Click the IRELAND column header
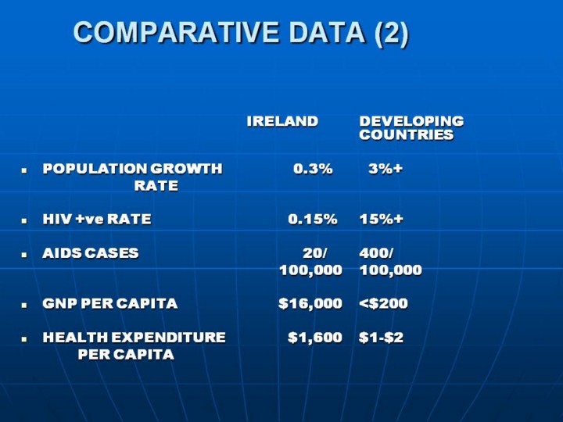coord(282,121)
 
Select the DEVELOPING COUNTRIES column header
coord(411,128)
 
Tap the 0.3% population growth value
coord(313,169)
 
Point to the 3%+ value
coord(385,169)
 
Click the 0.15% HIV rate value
coord(312,219)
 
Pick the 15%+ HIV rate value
coord(381,219)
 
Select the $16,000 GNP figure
coord(310,303)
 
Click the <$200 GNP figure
coord(383,303)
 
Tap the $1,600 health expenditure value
coord(315,338)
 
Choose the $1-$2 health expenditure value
coord(381,338)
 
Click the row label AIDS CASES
coord(91,253)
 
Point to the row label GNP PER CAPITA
coord(110,303)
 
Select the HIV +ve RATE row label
coord(97,219)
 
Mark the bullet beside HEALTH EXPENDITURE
coord(24,338)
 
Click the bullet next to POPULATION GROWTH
coord(24,170)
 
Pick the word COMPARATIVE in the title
coord(176,33)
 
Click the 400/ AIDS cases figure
coord(376,253)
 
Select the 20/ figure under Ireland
coord(315,253)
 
